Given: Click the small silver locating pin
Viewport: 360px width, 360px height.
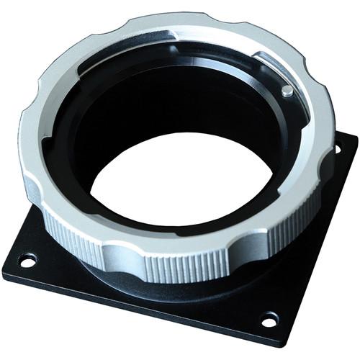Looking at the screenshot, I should coord(287,91).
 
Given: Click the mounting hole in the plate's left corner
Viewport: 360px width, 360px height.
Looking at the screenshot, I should coord(27,260).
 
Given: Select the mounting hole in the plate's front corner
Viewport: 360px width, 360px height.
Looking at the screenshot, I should coord(269,318).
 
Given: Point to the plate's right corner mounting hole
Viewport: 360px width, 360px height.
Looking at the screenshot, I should coord(337,149).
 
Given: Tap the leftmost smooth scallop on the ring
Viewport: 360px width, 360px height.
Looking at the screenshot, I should coord(32,189).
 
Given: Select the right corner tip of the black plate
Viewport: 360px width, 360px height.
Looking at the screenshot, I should coord(355,137).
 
